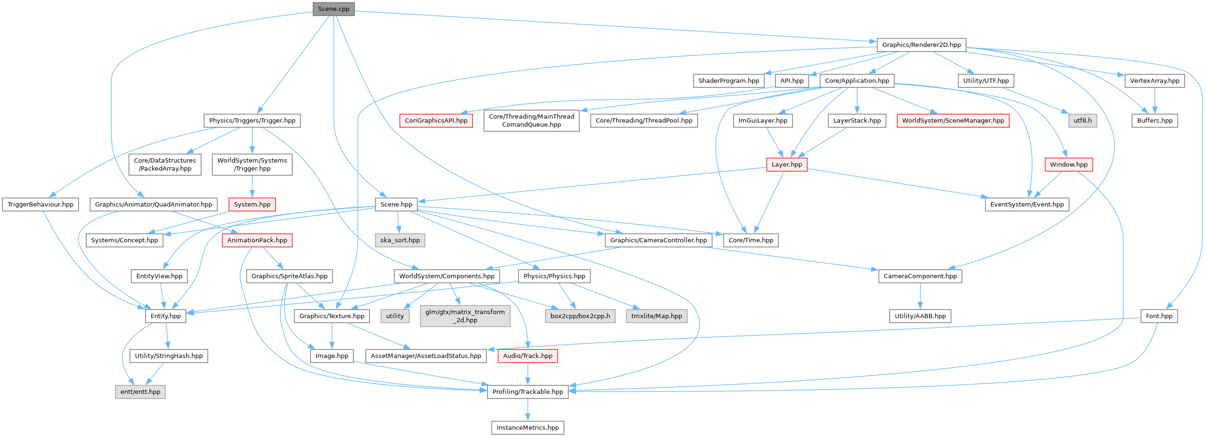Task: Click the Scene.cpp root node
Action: (x=333, y=9)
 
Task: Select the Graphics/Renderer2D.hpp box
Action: (x=921, y=45)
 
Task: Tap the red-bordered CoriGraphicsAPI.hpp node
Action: (x=436, y=120)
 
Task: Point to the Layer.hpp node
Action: (x=786, y=164)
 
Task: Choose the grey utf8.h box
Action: (x=1082, y=120)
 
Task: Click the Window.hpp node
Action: (x=1069, y=164)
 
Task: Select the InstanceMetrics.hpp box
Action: (x=528, y=428)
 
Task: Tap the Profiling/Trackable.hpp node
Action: (x=528, y=391)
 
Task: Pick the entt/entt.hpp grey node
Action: (x=140, y=391)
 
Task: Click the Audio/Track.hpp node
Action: (x=528, y=355)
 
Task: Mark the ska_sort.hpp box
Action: (x=400, y=240)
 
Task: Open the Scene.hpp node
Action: (x=396, y=204)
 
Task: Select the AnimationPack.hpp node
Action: (x=257, y=240)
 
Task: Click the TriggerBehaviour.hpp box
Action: (x=40, y=204)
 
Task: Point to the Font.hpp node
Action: (x=1159, y=316)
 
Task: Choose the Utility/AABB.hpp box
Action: (x=920, y=316)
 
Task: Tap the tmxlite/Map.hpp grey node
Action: (x=656, y=316)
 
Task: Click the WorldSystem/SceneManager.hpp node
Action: (x=953, y=120)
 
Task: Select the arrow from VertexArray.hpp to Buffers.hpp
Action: (x=1154, y=100)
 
